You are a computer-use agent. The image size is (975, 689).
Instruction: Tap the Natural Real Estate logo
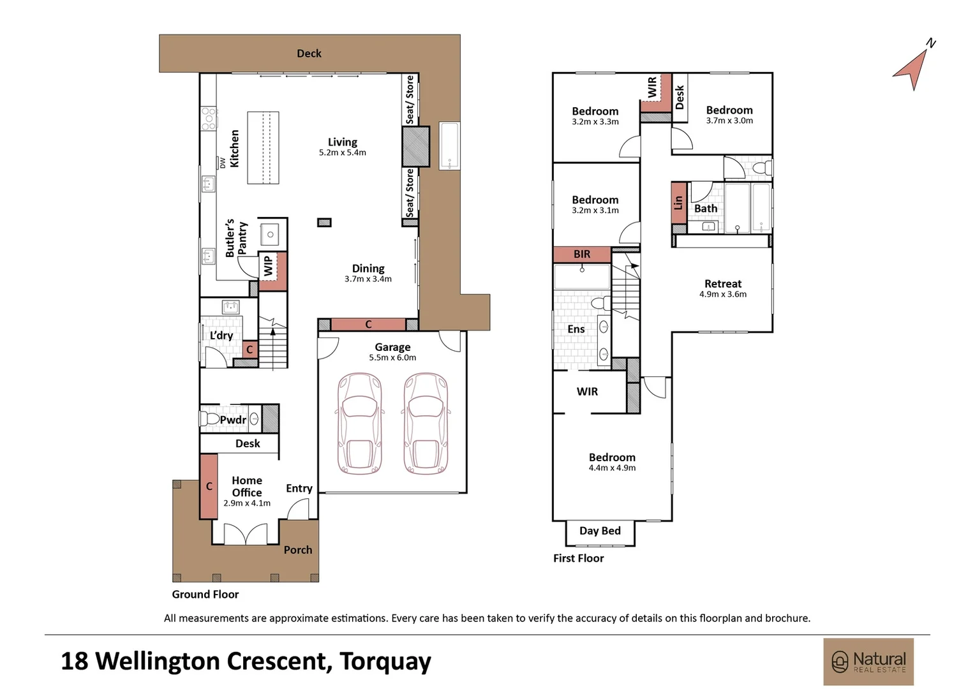(868, 662)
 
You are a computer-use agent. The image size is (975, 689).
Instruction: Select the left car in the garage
(360, 424)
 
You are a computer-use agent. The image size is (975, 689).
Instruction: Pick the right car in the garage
(426, 424)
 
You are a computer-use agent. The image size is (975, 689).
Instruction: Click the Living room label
(343, 142)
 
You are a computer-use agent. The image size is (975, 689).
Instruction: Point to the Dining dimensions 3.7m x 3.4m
(368, 279)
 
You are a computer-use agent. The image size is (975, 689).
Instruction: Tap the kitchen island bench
(263, 148)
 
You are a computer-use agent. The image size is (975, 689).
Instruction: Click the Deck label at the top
(309, 54)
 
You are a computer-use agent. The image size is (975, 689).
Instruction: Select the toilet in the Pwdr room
(209, 419)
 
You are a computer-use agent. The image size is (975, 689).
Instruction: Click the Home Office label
(247, 486)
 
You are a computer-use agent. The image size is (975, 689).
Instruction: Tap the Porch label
(298, 550)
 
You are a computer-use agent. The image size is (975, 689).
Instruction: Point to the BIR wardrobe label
(582, 254)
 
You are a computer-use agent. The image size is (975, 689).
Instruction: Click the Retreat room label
(723, 284)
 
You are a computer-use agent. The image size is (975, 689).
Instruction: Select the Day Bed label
(600, 531)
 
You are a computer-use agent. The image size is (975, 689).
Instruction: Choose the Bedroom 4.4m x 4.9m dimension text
(612, 468)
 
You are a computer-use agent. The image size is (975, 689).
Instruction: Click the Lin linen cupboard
(678, 203)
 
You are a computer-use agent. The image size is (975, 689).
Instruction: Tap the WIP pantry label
(269, 265)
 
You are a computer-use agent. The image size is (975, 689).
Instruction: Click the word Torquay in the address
(385, 661)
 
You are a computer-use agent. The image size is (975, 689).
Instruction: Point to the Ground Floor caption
(205, 594)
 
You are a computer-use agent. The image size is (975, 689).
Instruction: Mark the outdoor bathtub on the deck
(449, 145)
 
